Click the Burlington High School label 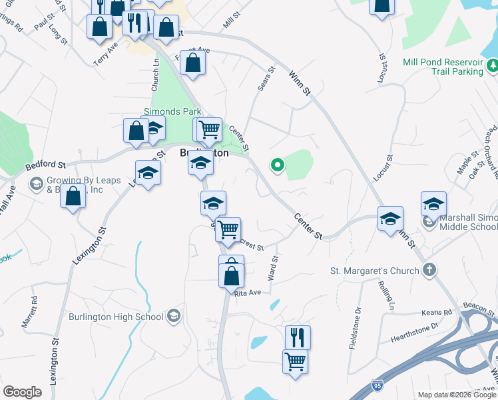click(116, 317)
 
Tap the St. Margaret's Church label click(375, 271)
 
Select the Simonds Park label click(173, 112)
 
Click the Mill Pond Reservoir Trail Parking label click(442, 67)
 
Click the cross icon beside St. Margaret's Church click(430, 271)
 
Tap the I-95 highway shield click(376, 386)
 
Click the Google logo click(22, 392)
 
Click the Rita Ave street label click(248, 292)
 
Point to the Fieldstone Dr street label click(358, 337)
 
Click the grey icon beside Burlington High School click(174, 315)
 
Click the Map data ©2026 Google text click(456, 395)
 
